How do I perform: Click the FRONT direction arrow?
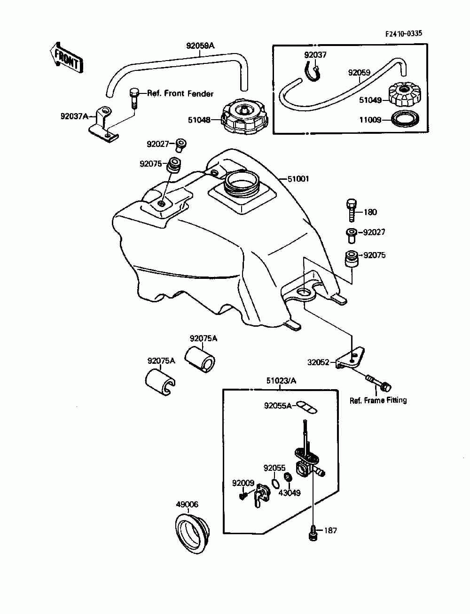pos(67,60)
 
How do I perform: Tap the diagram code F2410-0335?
pos(403,34)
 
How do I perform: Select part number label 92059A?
pos(200,46)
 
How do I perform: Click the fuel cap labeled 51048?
pos(244,115)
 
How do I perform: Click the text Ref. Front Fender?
pos(180,93)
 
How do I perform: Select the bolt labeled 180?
pos(352,210)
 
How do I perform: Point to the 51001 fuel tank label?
pos(298,179)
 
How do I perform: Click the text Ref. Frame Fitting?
pos(378,400)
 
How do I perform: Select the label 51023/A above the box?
pos(281,381)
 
